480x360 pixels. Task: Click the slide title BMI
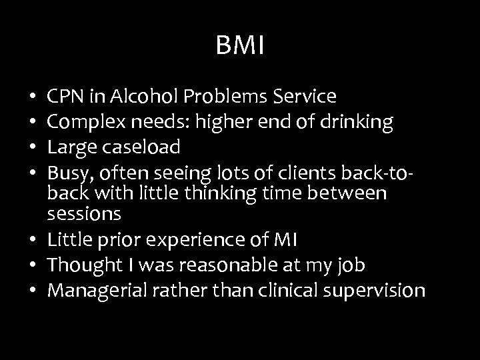[x=241, y=46]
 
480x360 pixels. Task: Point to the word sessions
[x=84, y=215]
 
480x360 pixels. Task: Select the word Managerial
[x=91, y=291]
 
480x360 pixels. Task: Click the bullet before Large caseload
[x=33, y=147]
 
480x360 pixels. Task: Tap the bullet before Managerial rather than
[x=33, y=291]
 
